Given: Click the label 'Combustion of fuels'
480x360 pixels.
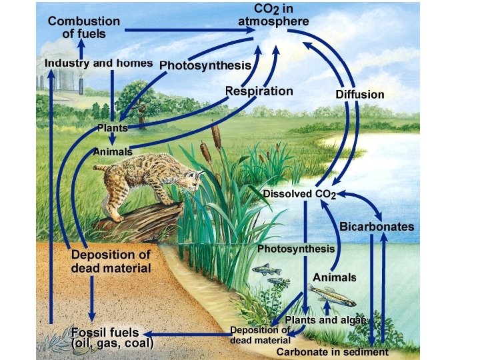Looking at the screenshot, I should (83, 27).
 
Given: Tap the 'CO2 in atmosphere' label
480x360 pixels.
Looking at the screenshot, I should (273, 15).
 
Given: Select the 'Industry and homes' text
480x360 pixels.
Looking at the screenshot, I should (99, 63).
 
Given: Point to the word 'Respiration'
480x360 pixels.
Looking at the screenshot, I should (259, 91).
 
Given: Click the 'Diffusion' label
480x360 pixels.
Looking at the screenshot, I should (359, 95).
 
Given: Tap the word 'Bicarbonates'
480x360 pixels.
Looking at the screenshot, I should (377, 227).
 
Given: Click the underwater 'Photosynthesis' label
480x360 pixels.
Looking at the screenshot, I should (296, 249).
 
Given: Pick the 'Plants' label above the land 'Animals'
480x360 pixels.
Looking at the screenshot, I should (112, 127).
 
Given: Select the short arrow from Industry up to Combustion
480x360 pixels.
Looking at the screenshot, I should (81, 48).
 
